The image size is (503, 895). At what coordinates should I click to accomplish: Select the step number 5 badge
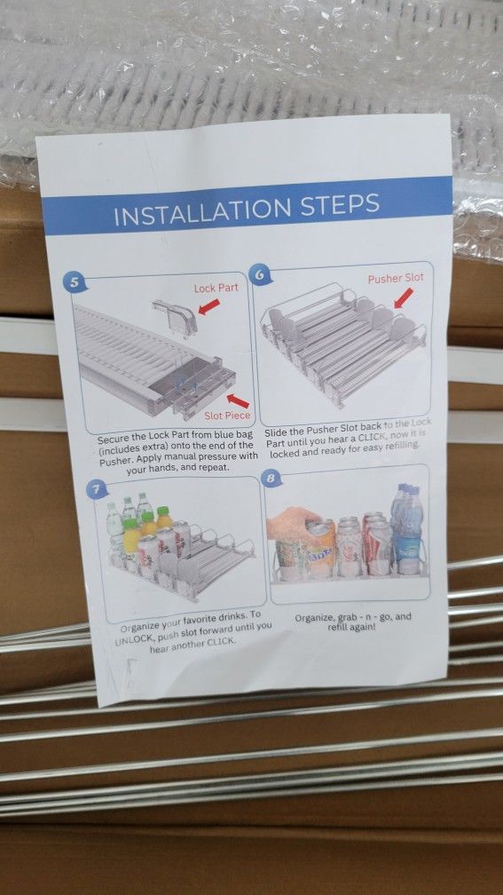(75, 282)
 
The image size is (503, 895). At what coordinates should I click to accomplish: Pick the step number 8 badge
(271, 478)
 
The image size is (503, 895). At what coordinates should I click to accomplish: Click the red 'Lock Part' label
(216, 289)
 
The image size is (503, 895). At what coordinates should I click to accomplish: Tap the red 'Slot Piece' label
(227, 416)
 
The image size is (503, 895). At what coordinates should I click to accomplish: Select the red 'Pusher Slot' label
(396, 279)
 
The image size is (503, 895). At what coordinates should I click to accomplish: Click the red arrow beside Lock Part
(208, 306)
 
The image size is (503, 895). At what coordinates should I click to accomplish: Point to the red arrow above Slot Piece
(238, 400)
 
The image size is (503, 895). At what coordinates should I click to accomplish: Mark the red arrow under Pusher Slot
(403, 298)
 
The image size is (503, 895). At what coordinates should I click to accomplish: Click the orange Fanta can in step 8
(320, 550)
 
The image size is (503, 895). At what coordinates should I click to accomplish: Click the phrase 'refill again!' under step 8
(351, 627)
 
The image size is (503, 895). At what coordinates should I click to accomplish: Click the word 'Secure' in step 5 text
(113, 440)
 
